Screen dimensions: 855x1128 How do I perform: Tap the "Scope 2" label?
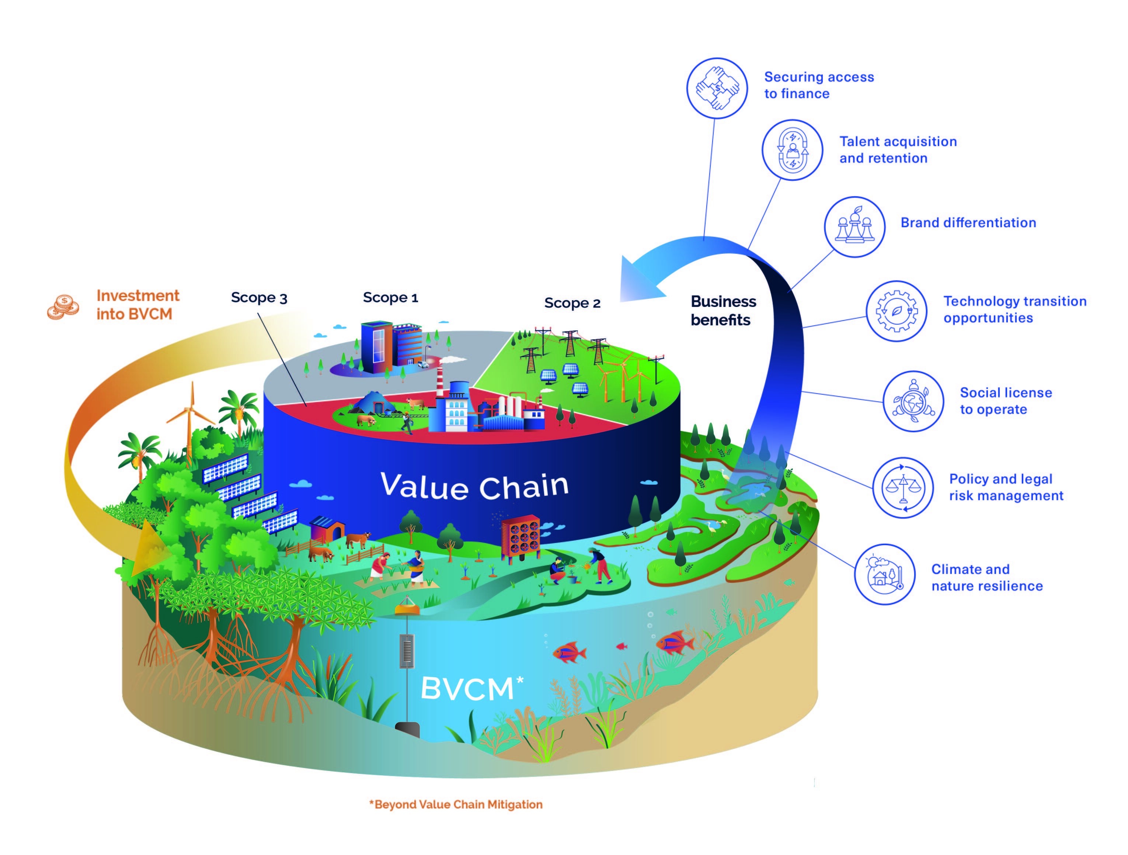572,303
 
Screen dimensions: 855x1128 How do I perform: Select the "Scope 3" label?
259,297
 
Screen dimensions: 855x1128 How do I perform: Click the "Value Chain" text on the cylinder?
474,486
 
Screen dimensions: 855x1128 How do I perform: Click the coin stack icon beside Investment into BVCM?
63,307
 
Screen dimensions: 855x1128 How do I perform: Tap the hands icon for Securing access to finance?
717,88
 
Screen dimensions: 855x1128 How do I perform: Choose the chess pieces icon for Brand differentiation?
855,227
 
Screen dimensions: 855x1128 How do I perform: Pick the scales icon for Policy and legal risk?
903,488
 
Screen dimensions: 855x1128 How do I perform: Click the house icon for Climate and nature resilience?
885,574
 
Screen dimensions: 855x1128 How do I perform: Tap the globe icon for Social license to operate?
913,401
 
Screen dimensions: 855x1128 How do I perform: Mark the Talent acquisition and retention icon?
793,150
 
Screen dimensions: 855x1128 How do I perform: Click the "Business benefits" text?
723,311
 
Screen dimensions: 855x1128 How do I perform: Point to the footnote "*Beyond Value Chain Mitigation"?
456,804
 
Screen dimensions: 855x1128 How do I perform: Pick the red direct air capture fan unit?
521,537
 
